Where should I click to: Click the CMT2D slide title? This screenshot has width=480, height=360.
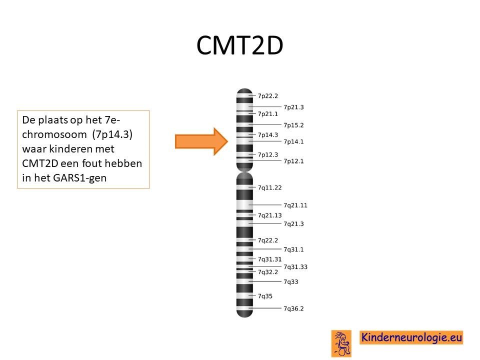pyautogui.click(x=239, y=45)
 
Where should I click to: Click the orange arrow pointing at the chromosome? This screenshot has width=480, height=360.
pyautogui.click(x=201, y=141)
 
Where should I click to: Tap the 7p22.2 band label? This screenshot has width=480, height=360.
pyautogui.click(x=268, y=96)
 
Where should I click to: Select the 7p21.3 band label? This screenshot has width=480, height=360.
pyautogui.click(x=293, y=107)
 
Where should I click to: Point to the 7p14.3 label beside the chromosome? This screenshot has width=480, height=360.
pyautogui.click(x=268, y=135)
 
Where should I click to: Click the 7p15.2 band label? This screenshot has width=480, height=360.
pyautogui.click(x=293, y=125)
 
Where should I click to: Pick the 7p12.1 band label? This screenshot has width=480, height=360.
pyautogui.click(x=293, y=161)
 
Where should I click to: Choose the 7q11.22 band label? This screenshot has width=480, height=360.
pyautogui.click(x=269, y=187)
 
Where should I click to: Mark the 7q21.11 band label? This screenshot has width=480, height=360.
pyautogui.click(x=295, y=205)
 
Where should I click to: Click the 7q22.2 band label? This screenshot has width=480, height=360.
pyautogui.click(x=268, y=240)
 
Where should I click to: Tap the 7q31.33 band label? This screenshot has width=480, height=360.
pyautogui.click(x=295, y=267)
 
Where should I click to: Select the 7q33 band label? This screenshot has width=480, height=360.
pyautogui.click(x=291, y=282)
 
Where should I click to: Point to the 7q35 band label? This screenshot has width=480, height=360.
pyautogui.click(x=265, y=296)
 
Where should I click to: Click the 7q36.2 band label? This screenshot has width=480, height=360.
pyautogui.click(x=293, y=309)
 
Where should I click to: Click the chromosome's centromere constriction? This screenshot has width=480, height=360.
pyautogui.click(x=244, y=171)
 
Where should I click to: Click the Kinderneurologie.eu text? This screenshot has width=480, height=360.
pyautogui.click(x=411, y=337)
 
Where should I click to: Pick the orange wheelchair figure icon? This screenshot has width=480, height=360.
pyautogui.click(x=341, y=343)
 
